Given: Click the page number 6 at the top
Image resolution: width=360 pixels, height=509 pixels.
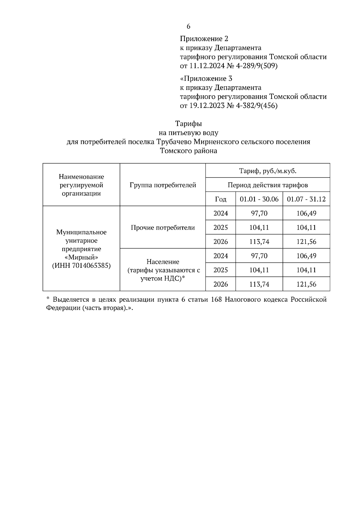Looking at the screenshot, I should [188, 26].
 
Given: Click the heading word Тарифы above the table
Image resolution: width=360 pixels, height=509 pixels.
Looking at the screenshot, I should [188, 124].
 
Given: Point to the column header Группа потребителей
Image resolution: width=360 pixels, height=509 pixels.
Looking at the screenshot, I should [163, 185].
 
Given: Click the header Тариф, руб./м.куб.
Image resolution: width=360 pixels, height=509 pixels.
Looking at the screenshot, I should [268, 171].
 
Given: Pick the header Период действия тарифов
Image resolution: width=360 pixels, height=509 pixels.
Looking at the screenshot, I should [268, 185].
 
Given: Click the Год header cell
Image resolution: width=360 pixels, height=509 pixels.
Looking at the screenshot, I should [220, 199].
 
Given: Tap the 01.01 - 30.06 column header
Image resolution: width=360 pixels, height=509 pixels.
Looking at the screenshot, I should [259, 199].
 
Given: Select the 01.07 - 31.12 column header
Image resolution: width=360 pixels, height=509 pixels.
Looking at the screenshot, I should [306, 199].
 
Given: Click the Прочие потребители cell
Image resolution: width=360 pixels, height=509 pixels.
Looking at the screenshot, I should [163, 228].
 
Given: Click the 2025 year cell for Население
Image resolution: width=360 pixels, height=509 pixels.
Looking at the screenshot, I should [220, 270].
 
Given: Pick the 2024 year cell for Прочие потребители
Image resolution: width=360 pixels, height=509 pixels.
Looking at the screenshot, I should [220, 213].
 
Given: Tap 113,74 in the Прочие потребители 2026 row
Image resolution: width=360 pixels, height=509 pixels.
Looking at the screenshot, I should [259, 242].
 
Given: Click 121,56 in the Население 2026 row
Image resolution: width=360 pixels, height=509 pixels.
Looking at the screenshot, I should [306, 284].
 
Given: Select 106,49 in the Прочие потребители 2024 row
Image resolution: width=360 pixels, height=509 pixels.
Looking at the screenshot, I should [306, 213].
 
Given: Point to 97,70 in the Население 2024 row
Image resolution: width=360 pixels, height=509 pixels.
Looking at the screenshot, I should [259, 256].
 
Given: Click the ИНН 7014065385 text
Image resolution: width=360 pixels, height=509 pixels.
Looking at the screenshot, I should [81, 266].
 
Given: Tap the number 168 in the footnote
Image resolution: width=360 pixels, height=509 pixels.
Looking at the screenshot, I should [216, 299].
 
